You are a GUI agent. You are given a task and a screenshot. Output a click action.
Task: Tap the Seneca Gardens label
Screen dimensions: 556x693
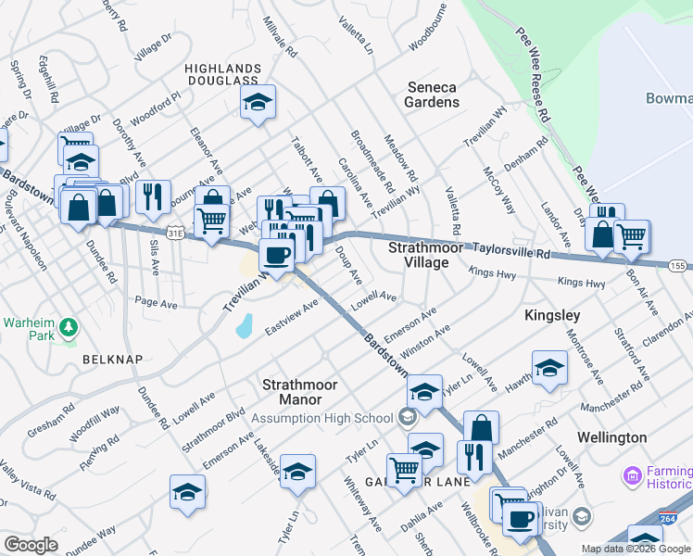[x=433, y=95]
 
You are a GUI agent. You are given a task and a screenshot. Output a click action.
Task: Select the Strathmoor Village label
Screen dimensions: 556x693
[x=418, y=255]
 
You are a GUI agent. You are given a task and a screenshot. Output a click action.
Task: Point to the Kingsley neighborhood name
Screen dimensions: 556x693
[x=552, y=315]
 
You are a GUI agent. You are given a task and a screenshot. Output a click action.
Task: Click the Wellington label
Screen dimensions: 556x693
[x=611, y=436]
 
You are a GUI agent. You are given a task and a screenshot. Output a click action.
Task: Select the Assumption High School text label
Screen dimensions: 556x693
[x=328, y=418]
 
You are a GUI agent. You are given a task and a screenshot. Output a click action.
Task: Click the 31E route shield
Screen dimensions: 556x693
[x=175, y=234]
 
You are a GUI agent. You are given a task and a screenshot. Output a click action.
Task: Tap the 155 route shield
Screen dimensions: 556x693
[x=677, y=265]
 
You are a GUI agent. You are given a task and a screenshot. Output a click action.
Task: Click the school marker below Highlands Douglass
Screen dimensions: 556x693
[x=258, y=104]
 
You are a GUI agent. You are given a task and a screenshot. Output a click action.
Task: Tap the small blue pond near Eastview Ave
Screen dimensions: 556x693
[x=244, y=324]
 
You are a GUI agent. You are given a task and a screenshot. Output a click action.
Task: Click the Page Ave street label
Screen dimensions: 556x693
[x=155, y=302]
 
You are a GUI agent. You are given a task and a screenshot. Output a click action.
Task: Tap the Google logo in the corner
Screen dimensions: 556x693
[x=31, y=545]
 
